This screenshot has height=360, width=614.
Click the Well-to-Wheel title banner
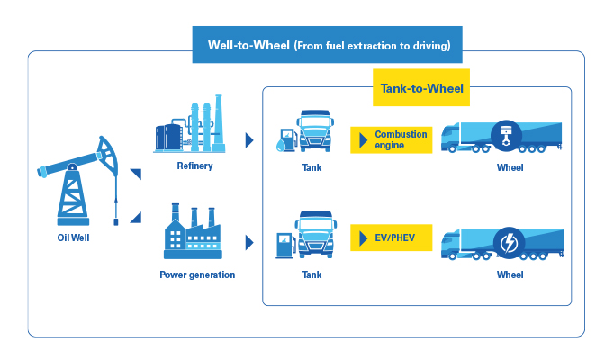click(327, 45)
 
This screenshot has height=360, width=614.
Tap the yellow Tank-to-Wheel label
click(421, 87)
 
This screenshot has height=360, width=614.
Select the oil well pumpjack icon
click(78, 181)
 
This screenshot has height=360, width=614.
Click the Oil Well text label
click(73, 238)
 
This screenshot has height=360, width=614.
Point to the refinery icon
click(190, 123)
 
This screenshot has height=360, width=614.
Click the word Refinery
click(194, 166)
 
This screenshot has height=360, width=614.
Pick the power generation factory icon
click(193, 231)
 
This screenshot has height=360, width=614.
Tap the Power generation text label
click(197, 274)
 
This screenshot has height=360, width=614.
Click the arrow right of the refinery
click(249, 140)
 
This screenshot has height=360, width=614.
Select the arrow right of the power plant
click(249, 243)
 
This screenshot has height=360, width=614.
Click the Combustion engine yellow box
click(392, 140)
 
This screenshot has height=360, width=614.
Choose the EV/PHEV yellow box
click(392, 238)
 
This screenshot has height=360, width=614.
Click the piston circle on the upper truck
click(506, 136)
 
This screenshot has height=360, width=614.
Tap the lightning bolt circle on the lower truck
click(509, 243)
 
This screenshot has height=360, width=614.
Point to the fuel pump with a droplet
click(286, 139)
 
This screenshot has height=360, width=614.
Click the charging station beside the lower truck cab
click(286, 246)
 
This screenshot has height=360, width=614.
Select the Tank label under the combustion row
click(312, 168)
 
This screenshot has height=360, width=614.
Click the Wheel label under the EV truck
click(510, 274)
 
